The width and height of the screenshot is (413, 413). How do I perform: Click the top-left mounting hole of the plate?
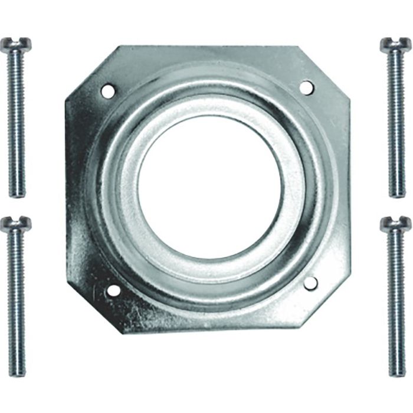(x=107, y=91)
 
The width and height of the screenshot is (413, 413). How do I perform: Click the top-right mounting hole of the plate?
(x=306, y=87)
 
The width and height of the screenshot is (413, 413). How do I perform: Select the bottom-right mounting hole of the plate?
(x=310, y=283)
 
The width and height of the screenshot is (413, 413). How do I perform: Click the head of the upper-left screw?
(x=15, y=45)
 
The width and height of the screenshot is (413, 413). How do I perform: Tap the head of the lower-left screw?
(x=15, y=224)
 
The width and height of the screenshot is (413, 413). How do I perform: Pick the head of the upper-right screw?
(x=395, y=45)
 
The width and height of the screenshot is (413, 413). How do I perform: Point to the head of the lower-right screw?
(x=395, y=224)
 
